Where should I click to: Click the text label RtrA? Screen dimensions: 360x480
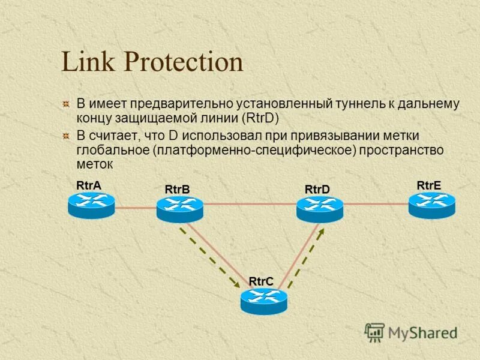tap(88, 185)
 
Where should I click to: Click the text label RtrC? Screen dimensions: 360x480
tap(261, 281)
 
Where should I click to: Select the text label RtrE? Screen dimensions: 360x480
tap(429, 185)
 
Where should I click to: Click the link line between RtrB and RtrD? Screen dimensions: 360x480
tap(250, 204)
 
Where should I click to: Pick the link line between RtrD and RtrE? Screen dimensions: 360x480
tap(376, 204)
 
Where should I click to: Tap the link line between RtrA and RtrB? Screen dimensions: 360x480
tap(135, 208)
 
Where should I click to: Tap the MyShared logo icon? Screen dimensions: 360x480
tap(375, 332)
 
